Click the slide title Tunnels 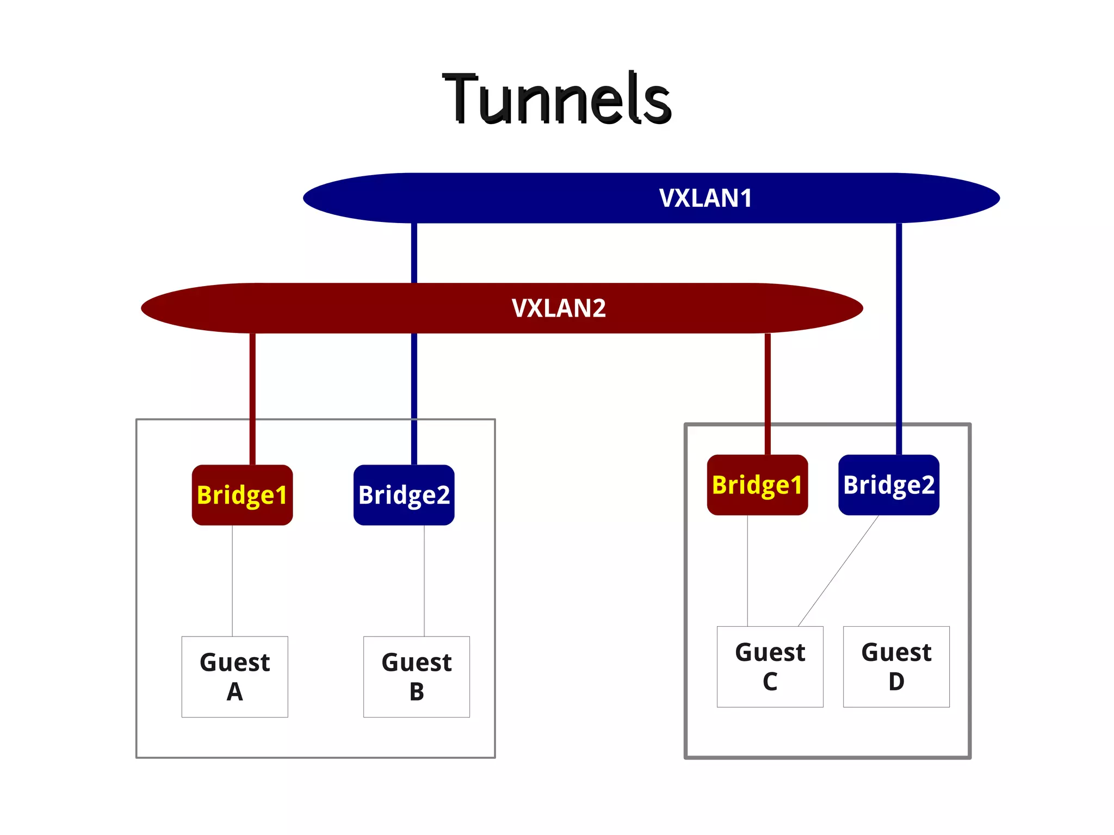click(x=557, y=98)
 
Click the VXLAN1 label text click(x=705, y=198)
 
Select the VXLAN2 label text click(x=558, y=308)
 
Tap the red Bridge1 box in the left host click(x=242, y=494)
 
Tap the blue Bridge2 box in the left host click(x=404, y=494)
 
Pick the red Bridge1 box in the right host click(x=757, y=485)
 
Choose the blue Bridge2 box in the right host click(x=888, y=485)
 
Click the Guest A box click(x=234, y=676)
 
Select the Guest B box click(x=416, y=676)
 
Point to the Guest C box click(x=770, y=666)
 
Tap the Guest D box click(x=896, y=666)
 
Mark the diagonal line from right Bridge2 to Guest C click(x=838, y=571)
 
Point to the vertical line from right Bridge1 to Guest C click(x=747, y=571)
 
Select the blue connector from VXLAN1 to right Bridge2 click(x=899, y=337)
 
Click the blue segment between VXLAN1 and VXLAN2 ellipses click(x=414, y=253)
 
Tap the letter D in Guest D click(x=896, y=682)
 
